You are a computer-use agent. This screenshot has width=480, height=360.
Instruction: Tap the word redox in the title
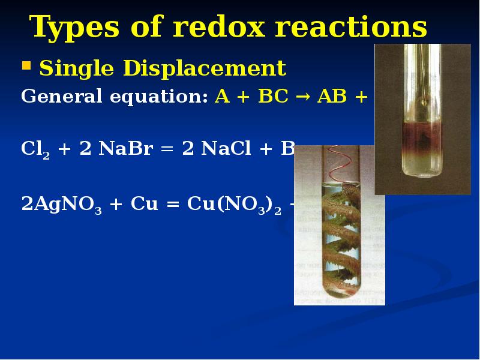(198, 28)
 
